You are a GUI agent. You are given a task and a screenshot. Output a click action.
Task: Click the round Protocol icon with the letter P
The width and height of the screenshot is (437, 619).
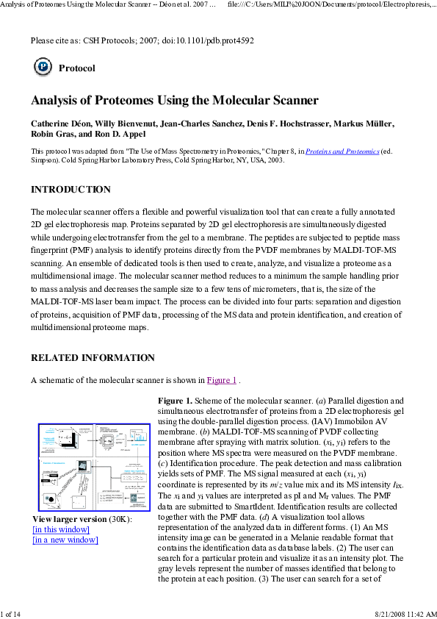coord(43,68)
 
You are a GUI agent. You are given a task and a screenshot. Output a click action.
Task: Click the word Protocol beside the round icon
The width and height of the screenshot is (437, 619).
coord(76,68)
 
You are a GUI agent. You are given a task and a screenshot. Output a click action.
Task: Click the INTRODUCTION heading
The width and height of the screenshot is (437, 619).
coord(71,190)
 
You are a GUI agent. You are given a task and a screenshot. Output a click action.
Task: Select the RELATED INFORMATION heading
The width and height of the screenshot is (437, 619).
coord(93,358)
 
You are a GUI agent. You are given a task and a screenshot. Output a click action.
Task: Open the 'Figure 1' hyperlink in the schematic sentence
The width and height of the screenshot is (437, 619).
coord(221,380)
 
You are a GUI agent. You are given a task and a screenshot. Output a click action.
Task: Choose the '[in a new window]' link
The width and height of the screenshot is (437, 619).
coord(65,540)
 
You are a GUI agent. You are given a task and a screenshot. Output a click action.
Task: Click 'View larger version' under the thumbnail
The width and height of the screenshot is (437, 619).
coord(65,519)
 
